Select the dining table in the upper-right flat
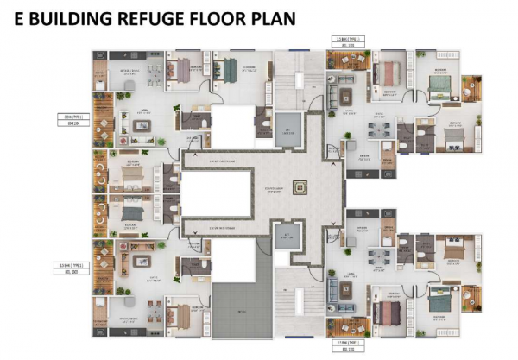(x=380, y=130)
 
